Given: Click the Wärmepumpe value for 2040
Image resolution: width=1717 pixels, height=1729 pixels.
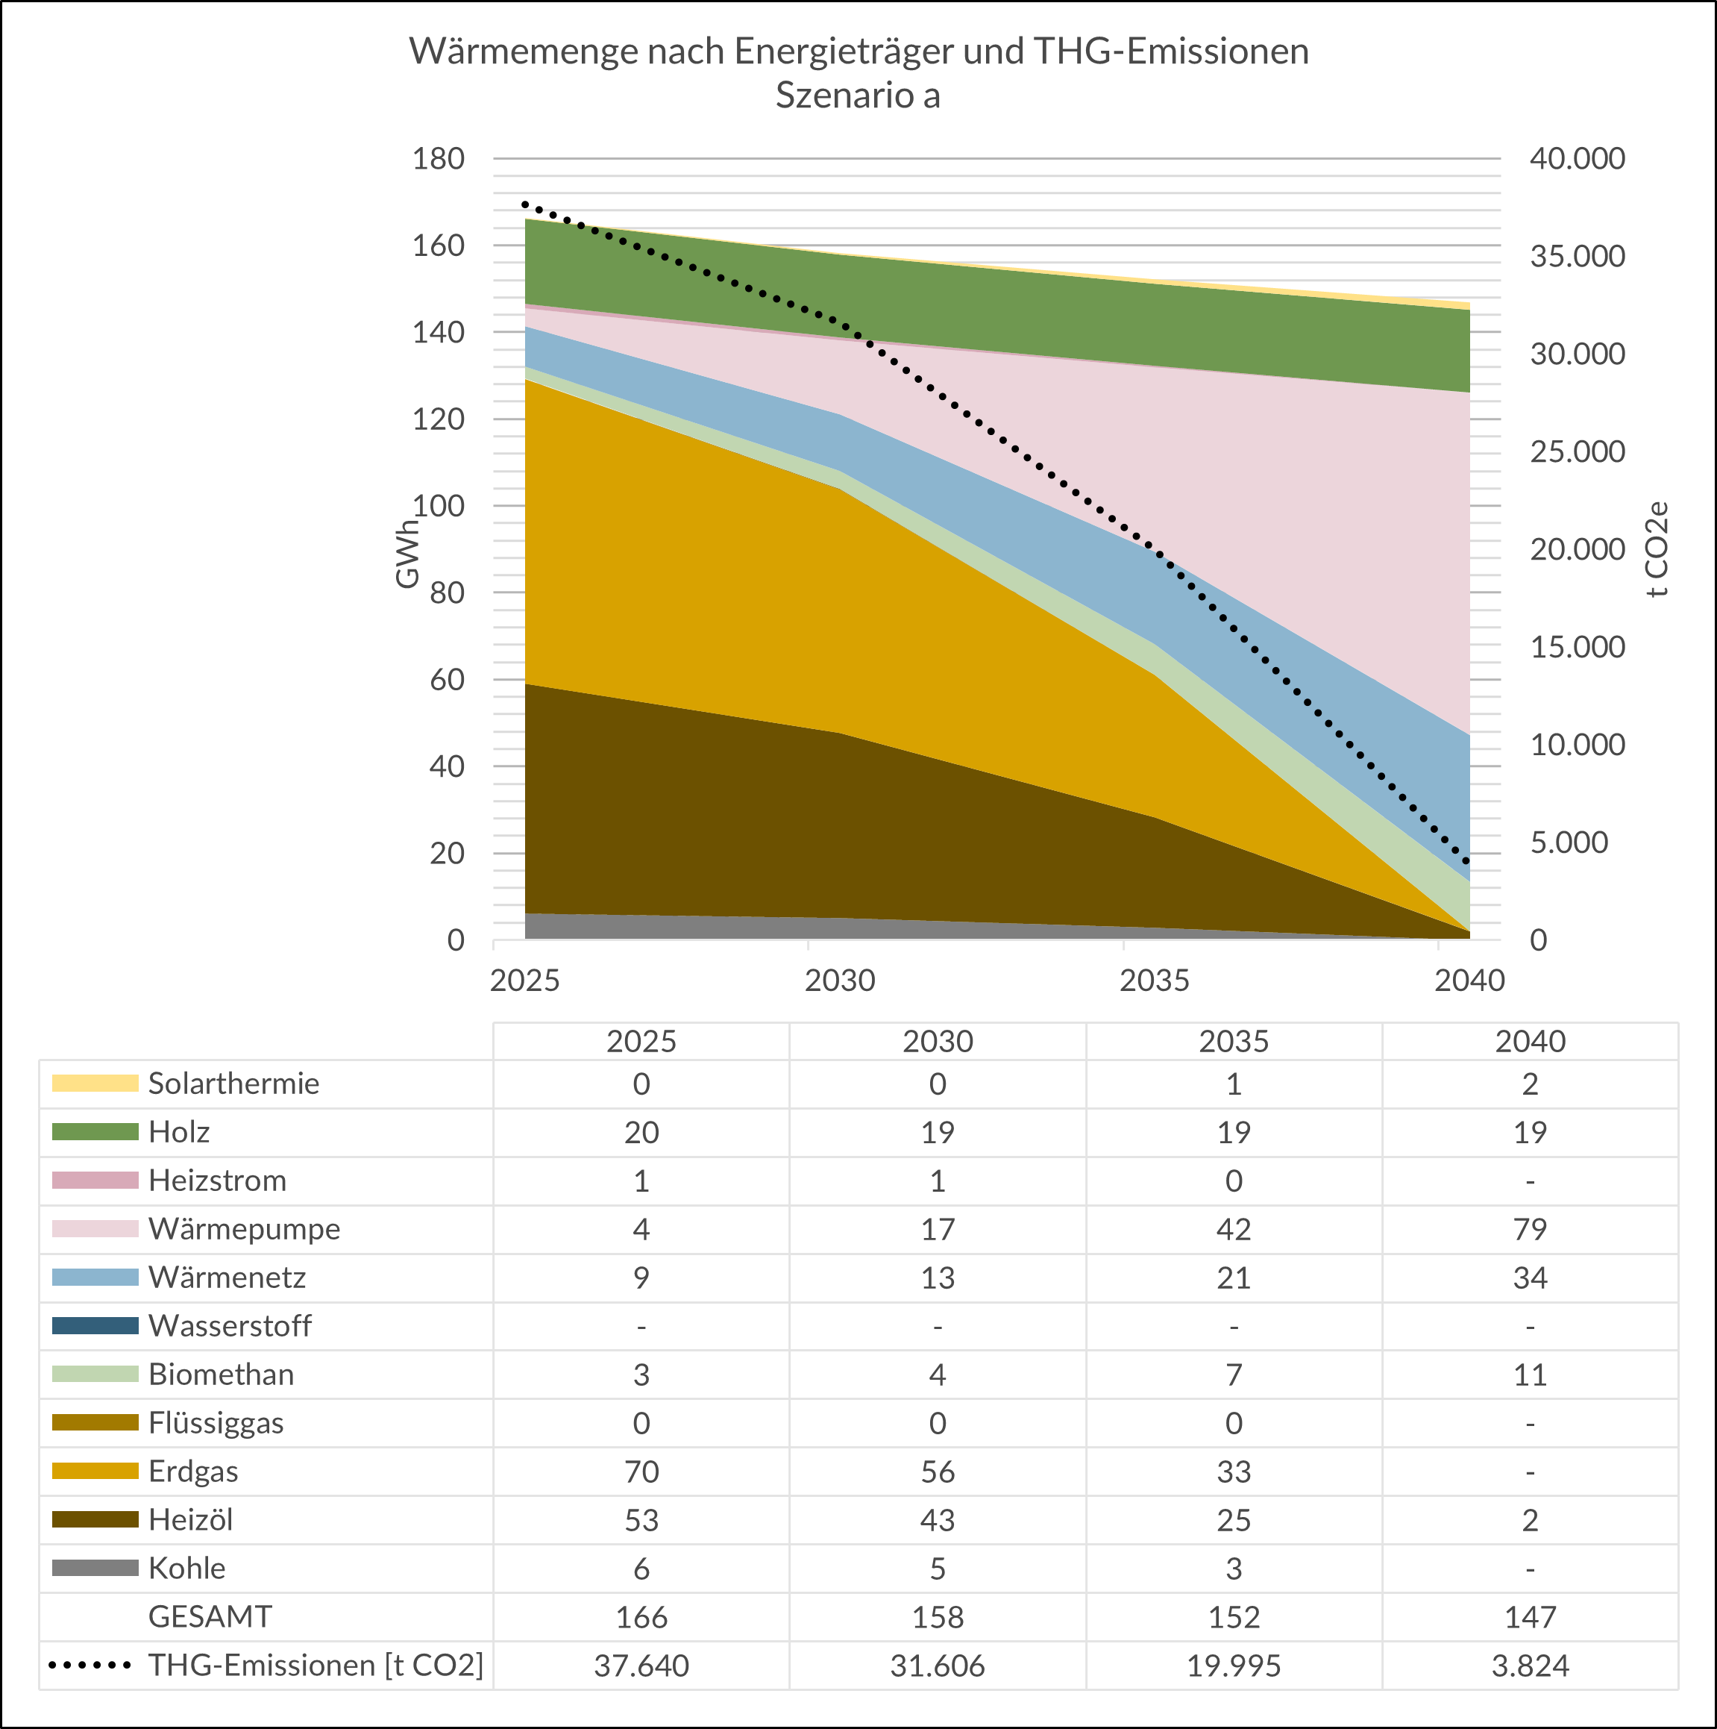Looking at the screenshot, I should coord(1529,1229).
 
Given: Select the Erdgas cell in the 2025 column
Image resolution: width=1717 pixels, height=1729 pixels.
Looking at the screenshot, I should coord(641,1472).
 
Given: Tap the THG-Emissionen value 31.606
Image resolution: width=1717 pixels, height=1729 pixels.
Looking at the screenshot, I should coord(937,1666).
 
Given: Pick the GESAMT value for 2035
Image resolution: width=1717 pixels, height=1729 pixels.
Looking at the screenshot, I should coord(1233,1617).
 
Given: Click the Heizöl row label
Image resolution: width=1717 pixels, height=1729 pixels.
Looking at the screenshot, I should coord(191,1519).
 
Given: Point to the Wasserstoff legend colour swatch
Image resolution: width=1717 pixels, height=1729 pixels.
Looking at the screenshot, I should coord(95,1325).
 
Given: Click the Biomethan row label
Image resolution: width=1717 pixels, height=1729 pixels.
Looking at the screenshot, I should coord(221,1374).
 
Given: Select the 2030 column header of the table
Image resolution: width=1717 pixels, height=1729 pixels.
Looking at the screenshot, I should coord(937,1041).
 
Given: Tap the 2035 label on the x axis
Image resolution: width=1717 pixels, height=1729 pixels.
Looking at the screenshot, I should coord(1154,981).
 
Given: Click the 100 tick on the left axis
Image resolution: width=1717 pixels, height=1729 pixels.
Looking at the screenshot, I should coord(438,506).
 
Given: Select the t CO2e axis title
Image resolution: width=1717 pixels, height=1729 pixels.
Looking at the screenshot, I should coord(1657,548).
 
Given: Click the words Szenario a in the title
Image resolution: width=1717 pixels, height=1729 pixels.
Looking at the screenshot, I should coord(857,96).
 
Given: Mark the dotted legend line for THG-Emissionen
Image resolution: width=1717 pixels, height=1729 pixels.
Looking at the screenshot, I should coord(90,1666).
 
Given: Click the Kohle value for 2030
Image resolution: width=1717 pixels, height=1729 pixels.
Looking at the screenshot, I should coord(937,1569).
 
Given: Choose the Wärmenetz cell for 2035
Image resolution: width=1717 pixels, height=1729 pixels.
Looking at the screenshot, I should coord(1233,1277).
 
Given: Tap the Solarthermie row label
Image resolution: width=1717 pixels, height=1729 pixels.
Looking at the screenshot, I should coord(233,1083).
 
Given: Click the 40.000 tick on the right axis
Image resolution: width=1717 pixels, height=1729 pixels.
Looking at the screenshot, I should coord(1577,158).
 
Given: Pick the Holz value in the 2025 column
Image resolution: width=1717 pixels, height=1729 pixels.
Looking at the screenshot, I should coord(641,1132).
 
